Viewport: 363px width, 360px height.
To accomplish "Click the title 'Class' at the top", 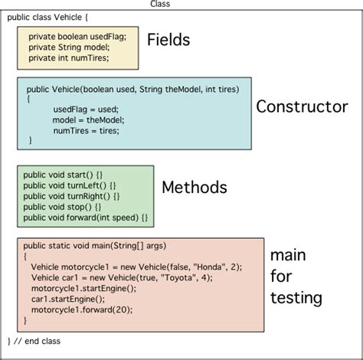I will tap(160, 5).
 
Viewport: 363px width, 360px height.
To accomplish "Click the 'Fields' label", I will tap(168, 41).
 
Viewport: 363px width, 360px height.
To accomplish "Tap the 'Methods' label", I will tap(194, 187).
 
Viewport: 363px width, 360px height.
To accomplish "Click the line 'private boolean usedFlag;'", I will tap(77, 36).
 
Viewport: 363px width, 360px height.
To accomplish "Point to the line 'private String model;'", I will tap(69, 47).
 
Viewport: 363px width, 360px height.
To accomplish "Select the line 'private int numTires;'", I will tap(69, 57).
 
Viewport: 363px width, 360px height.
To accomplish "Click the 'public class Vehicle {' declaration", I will tap(47, 16).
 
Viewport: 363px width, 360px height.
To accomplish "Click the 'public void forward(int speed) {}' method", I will tap(85, 218).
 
